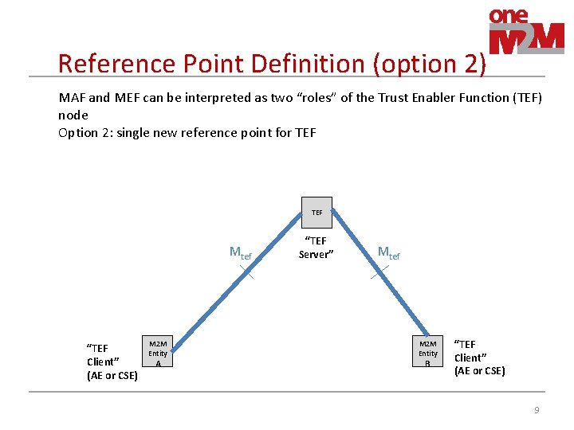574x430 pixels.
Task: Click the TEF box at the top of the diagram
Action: [x=316, y=213]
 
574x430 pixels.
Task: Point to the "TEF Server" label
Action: [x=316, y=248]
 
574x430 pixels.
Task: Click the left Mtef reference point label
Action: [x=240, y=253]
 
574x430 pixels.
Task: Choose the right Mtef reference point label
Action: [x=388, y=253]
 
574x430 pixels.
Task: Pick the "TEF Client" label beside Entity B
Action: [x=479, y=358]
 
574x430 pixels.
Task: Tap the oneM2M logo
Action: [x=525, y=32]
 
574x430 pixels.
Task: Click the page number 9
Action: [x=537, y=410]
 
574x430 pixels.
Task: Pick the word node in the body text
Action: [x=73, y=115]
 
